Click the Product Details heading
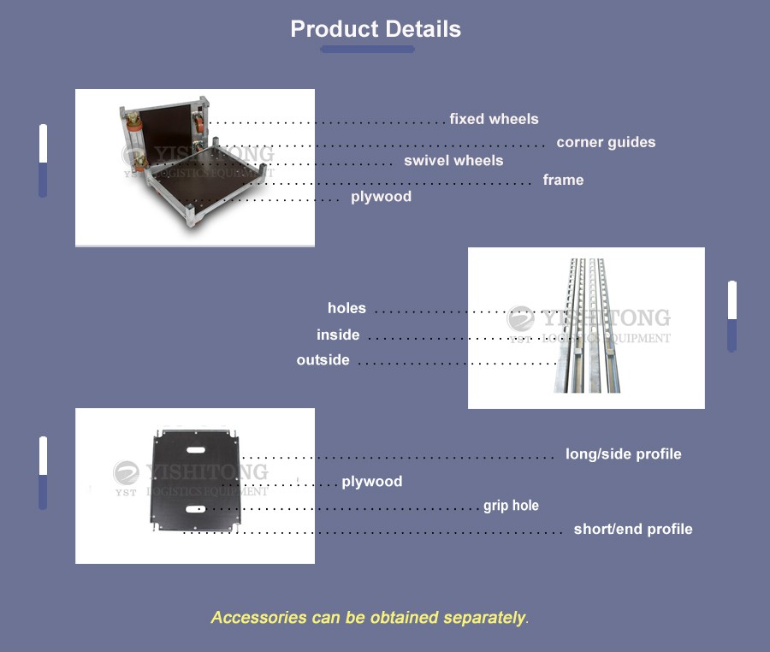click(x=376, y=29)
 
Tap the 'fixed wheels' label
click(x=494, y=119)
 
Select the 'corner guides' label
click(x=606, y=142)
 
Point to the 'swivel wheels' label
click(x=453, y=161)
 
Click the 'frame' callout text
click(x=563, y=180)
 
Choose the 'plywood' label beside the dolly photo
click(x=381, y=197)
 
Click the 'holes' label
click(x=346, y=308)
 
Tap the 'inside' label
click(x=338, y=335)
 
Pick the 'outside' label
click(x=323, y=360)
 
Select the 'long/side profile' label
click(x=624, y=454)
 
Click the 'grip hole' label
click(x=512, y=506)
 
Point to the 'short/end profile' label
click(x=633, y=529)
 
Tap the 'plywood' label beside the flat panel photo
click(x=372, y=482)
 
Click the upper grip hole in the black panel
click(x=195, y=450)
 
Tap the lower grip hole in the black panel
click(x=195, y=509)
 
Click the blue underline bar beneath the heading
click(x=367, y=49)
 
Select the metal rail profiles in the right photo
click(x=587, y=325)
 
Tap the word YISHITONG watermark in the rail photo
click(x=606, y=318)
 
